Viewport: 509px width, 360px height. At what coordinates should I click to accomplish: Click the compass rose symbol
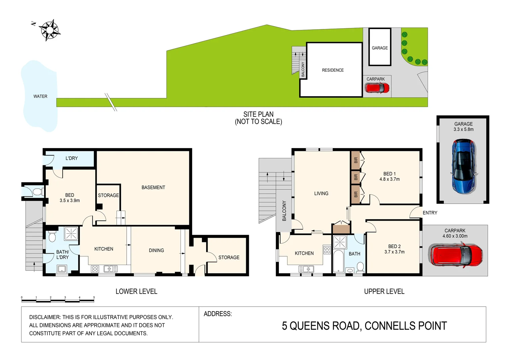pos(49,30)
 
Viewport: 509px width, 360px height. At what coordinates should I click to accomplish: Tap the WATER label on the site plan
pos(40,96)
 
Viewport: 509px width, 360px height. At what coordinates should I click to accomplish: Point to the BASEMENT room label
pos(153,187)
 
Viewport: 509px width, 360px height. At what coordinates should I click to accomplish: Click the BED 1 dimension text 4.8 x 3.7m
pos(389,179)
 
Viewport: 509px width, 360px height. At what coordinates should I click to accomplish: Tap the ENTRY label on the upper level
pos(430,213)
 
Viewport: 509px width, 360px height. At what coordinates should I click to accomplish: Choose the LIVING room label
pos(321,193)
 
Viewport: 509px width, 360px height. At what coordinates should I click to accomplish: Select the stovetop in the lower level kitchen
pos(95,269)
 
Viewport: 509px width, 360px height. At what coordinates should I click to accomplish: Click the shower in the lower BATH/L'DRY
pos(71,233)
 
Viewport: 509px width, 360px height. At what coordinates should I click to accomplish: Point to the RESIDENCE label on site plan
pos(333,70)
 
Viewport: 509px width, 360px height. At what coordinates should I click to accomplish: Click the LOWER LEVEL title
pos(136,291)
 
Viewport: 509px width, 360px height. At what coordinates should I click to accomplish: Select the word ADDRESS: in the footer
pos(218,314)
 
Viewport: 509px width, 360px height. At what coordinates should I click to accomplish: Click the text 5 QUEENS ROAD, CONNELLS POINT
pos(364,326)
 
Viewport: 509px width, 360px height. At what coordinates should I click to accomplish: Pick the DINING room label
pos(156,250)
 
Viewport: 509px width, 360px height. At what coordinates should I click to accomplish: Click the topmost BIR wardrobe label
pos(355,160)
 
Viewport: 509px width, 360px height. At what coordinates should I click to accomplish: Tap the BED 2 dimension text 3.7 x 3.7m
pos(394,252)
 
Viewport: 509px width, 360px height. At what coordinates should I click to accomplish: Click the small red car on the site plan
pos(377,88)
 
